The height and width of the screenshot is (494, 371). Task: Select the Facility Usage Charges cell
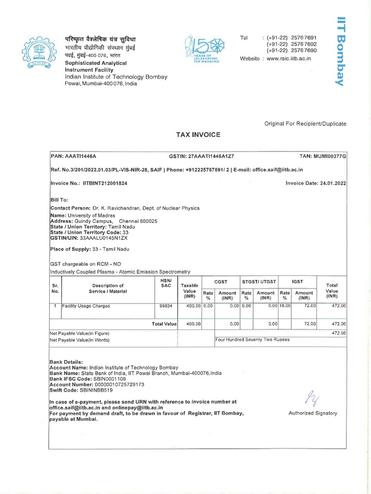pyautogui.click(x=86, y=306)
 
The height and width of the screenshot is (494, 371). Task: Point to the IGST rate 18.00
pyautogui.click(x=285, y=306)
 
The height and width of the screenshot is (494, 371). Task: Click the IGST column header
pyautogui.click(x=297, y=281)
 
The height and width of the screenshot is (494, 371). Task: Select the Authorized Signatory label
pyautogui.click(x=313, y=413)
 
